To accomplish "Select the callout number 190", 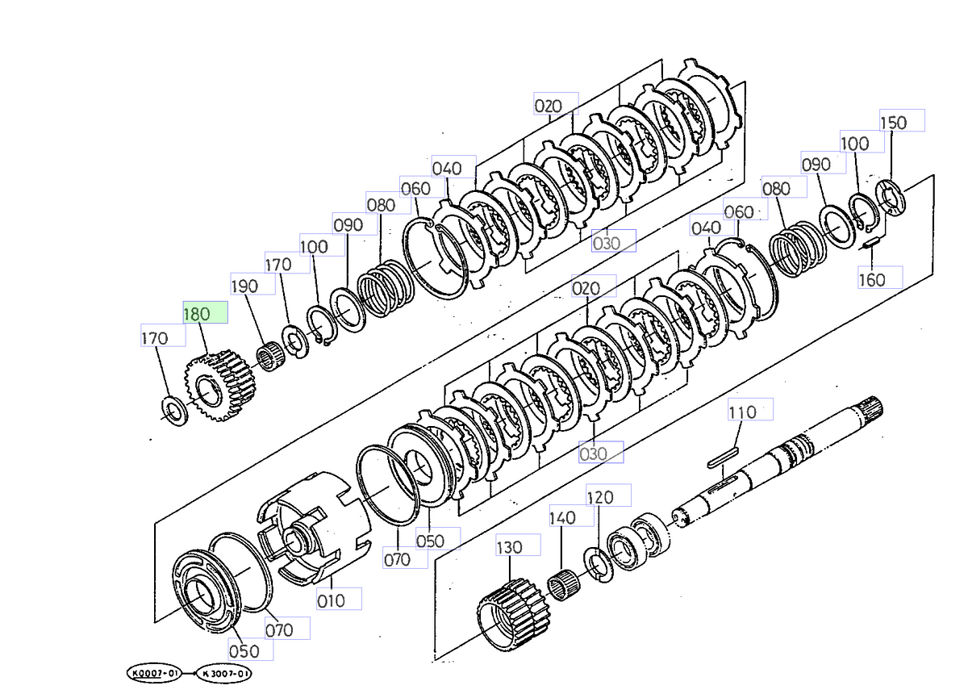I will [244, 286].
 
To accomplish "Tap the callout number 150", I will [893, 123].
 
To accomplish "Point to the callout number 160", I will [871, 280].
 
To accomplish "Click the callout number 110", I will [742, 412].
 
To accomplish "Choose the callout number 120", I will [600, 497].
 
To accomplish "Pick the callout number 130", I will [509, 548].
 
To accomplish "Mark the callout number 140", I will [562, 518].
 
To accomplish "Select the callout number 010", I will [331, 600].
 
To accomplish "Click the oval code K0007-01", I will [151, 672].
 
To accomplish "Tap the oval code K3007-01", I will [226, 672].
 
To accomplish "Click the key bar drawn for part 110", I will [723, 457].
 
